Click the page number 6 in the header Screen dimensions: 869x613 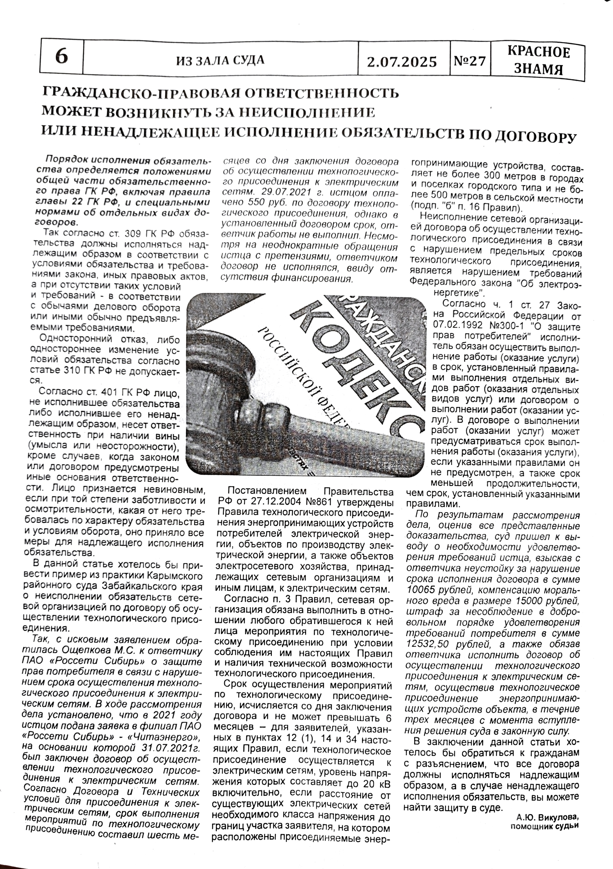(62, 57)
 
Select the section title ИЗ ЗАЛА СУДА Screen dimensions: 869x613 (220, 60)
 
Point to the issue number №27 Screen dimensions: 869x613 (469, 60)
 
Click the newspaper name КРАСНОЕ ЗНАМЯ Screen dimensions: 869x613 (538, 60)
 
